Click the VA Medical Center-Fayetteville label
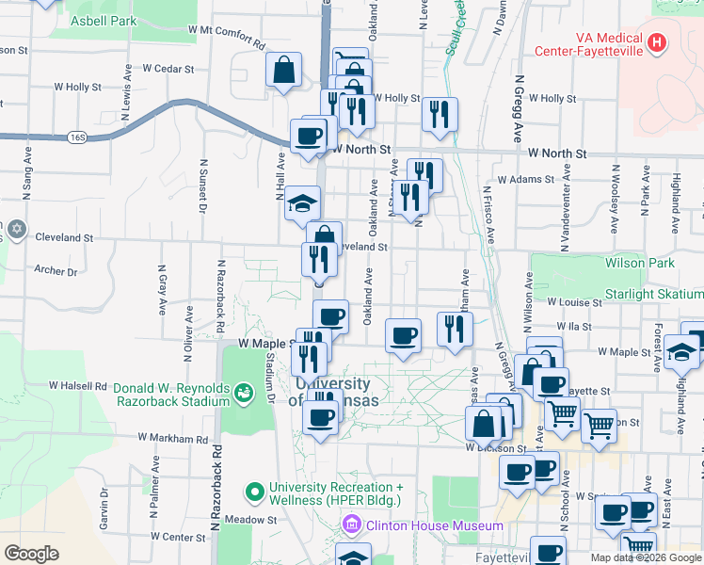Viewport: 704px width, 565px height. tap(588, 42)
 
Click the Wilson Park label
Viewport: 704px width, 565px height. tap(639, 264)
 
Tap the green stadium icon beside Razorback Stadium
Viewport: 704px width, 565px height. tap(245, 390)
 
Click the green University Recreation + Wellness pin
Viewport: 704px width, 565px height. tap(254, 492)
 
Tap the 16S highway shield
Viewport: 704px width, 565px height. tap(77, 137)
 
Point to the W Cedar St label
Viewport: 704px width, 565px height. tap(168, 69)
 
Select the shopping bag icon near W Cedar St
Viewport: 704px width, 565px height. tap(283, 70)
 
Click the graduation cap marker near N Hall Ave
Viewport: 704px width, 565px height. tap(303, 202)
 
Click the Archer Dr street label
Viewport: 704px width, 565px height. tap(56, 271)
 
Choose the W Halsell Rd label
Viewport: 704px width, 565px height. tap(79, 386)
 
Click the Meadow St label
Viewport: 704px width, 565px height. tap(256, 519)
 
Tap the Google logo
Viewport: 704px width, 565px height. tap(32, 553)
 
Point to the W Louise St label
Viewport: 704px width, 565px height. tap(575, 302)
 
